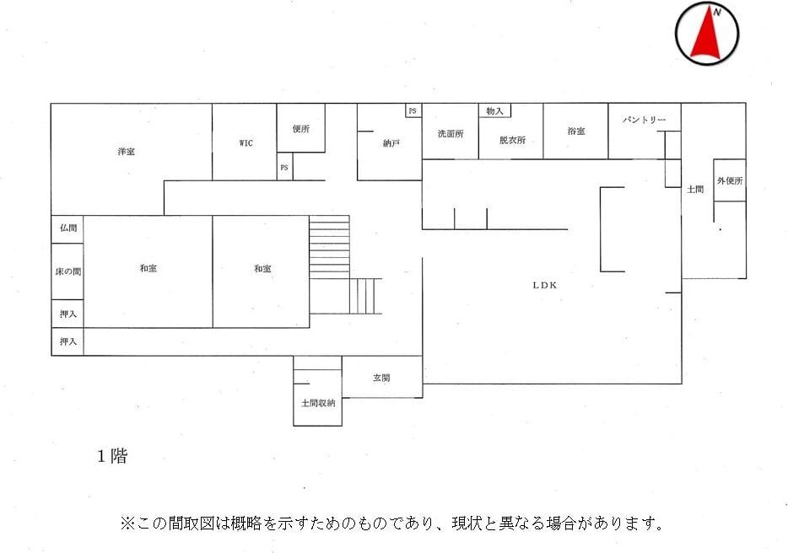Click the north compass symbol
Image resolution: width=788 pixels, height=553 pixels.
(707, 34)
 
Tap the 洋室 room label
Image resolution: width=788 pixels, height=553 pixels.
(127, 152)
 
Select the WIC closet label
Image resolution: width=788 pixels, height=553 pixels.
(246, 143)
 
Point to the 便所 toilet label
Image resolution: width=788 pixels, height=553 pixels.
(301, 129)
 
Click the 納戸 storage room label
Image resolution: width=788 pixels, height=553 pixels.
(391, 144)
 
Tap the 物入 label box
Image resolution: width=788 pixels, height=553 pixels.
(494, 110)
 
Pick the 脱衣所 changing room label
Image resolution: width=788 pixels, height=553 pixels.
(512, 140)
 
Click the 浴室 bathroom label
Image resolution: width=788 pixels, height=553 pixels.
(576, 132)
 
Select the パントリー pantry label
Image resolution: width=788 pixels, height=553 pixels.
(645, 120)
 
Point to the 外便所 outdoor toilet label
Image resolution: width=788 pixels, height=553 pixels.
(730, 180)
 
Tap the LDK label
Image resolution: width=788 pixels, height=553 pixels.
(545, 285)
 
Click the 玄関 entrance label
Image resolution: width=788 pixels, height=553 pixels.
(381, 379)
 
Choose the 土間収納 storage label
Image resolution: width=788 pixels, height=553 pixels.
(318, 403)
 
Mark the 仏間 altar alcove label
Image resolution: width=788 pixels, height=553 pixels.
(68, 228)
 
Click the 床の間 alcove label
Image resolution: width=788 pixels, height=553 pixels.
(68, 271)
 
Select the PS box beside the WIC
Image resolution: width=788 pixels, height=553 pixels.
(284, 168)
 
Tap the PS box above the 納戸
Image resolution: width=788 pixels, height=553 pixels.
(413, 110)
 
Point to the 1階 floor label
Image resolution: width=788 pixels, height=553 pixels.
(111, 456)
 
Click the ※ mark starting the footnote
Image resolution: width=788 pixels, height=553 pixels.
(128, 523)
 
